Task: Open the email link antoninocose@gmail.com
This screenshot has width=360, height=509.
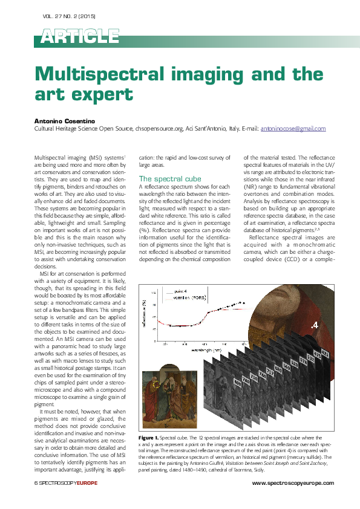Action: coord(293,129)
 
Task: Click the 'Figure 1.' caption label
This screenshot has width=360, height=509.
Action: coord(148,436)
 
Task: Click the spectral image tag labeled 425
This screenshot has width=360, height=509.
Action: coord(325,352)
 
